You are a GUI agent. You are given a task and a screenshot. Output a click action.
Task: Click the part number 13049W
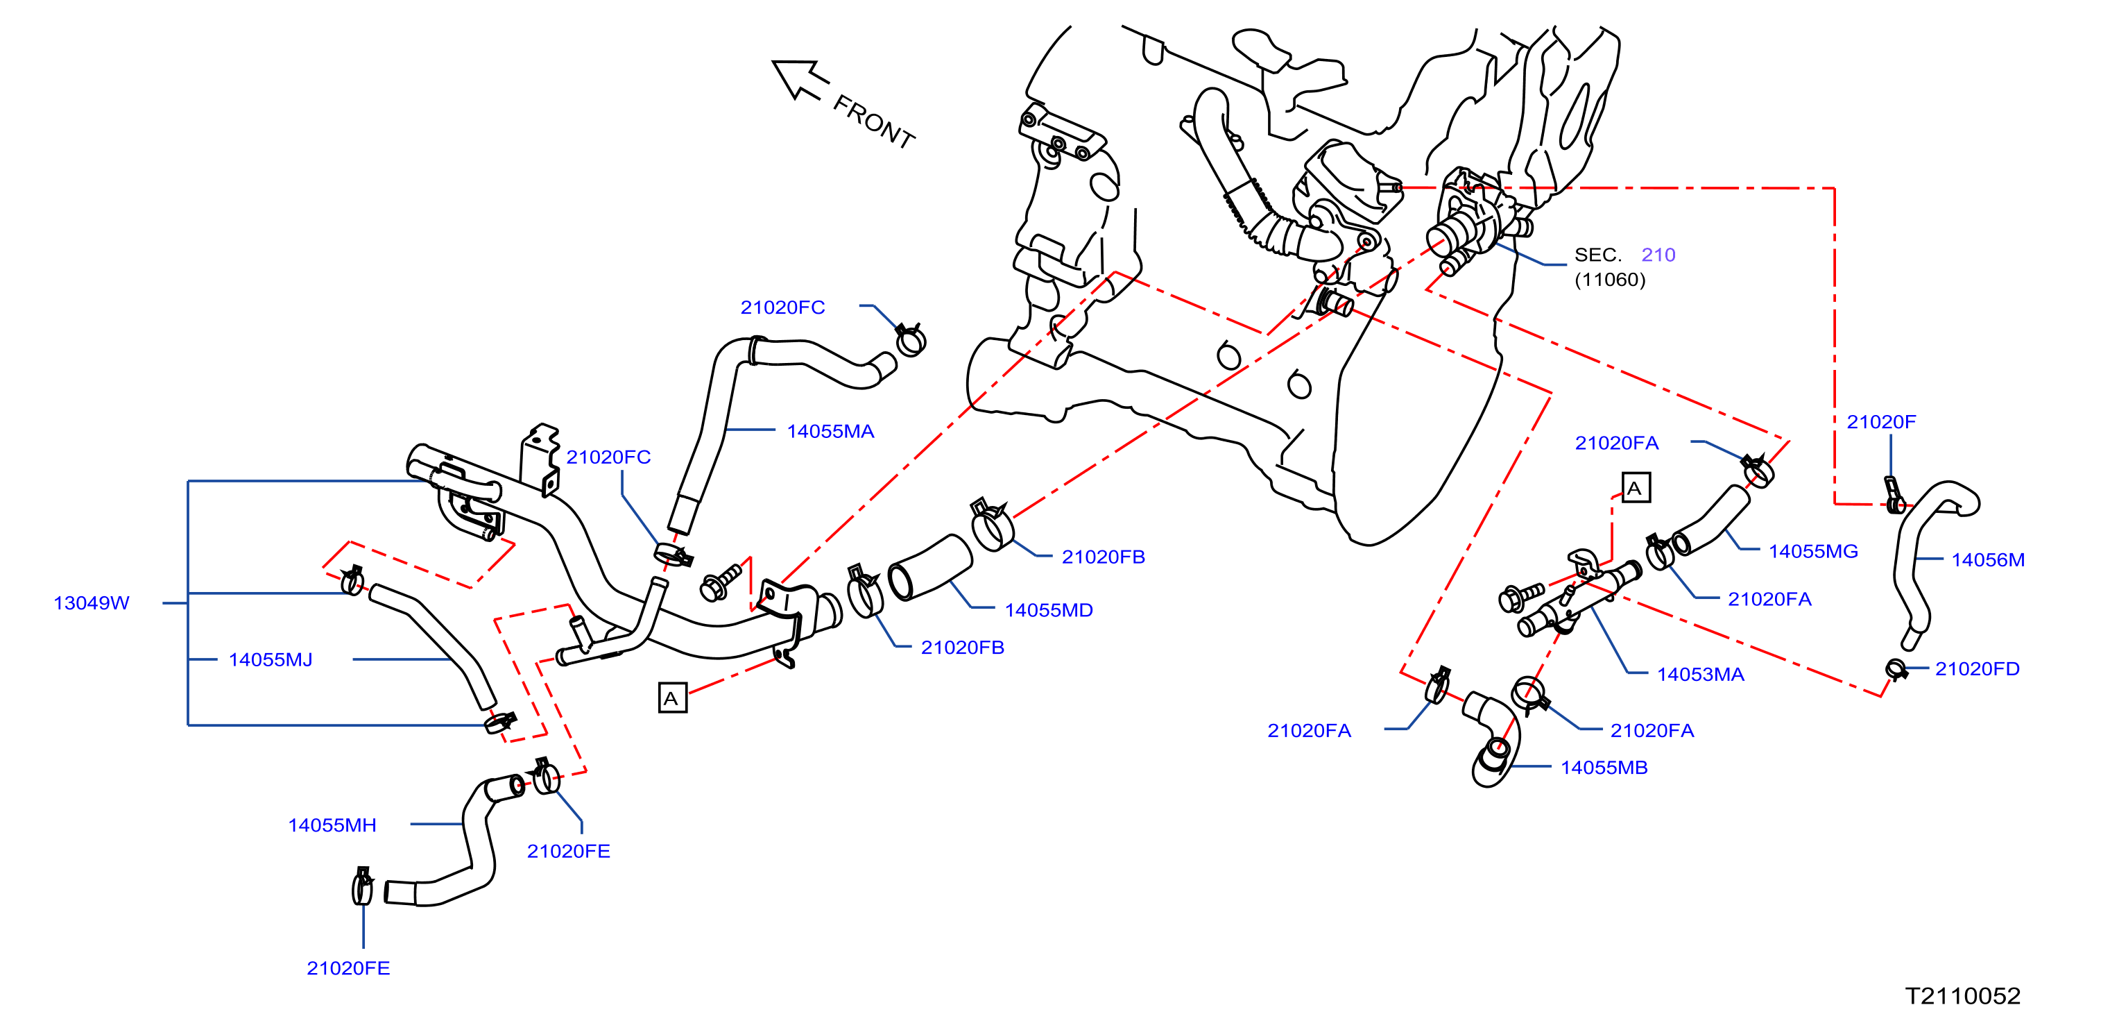[91, 603]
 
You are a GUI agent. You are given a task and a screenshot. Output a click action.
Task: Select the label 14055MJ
[271, 659]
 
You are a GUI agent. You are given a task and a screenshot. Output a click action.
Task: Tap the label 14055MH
[332, 825]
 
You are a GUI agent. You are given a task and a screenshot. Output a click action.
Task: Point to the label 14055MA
[830, 431]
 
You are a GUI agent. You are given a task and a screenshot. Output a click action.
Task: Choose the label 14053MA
[1701, 675]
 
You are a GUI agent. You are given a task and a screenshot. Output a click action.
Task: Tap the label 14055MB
[1604, 768]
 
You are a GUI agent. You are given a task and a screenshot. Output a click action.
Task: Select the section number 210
[1658, 255]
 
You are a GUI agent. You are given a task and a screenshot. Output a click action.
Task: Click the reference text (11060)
[1609, 280]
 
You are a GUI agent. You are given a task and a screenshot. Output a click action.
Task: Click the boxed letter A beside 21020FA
[1636, 489]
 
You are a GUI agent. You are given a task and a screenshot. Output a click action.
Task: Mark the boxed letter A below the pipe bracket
[673, 698]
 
